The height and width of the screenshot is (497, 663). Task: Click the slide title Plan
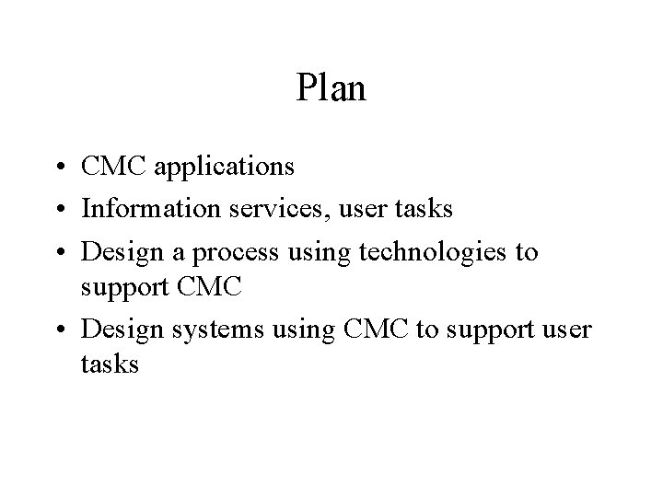[331, 88]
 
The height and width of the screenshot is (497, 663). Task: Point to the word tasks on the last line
[110, 365]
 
